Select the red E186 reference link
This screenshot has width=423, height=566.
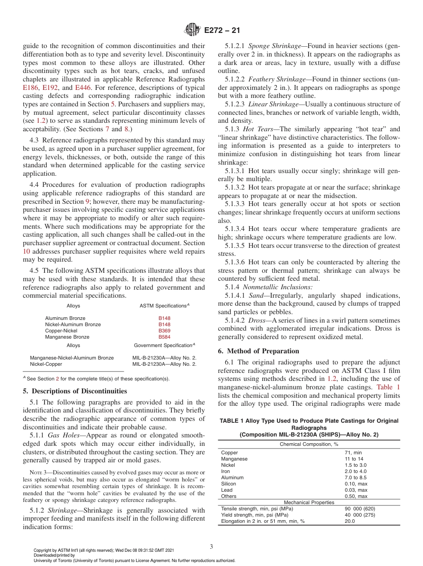[30, 88]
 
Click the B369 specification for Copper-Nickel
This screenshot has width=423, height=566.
[164, 331]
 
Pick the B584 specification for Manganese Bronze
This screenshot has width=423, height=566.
[164, 337]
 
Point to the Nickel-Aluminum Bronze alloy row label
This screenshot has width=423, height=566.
[73, 324]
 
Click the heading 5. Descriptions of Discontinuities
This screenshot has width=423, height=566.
[74, 391]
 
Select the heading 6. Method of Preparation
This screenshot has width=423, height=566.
[259, 351]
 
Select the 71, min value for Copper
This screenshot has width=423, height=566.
[353, 453]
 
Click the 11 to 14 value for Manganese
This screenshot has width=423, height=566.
[354, 459]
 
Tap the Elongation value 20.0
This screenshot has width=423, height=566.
[350, 521]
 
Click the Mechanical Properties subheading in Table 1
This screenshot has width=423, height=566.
[309, 502]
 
